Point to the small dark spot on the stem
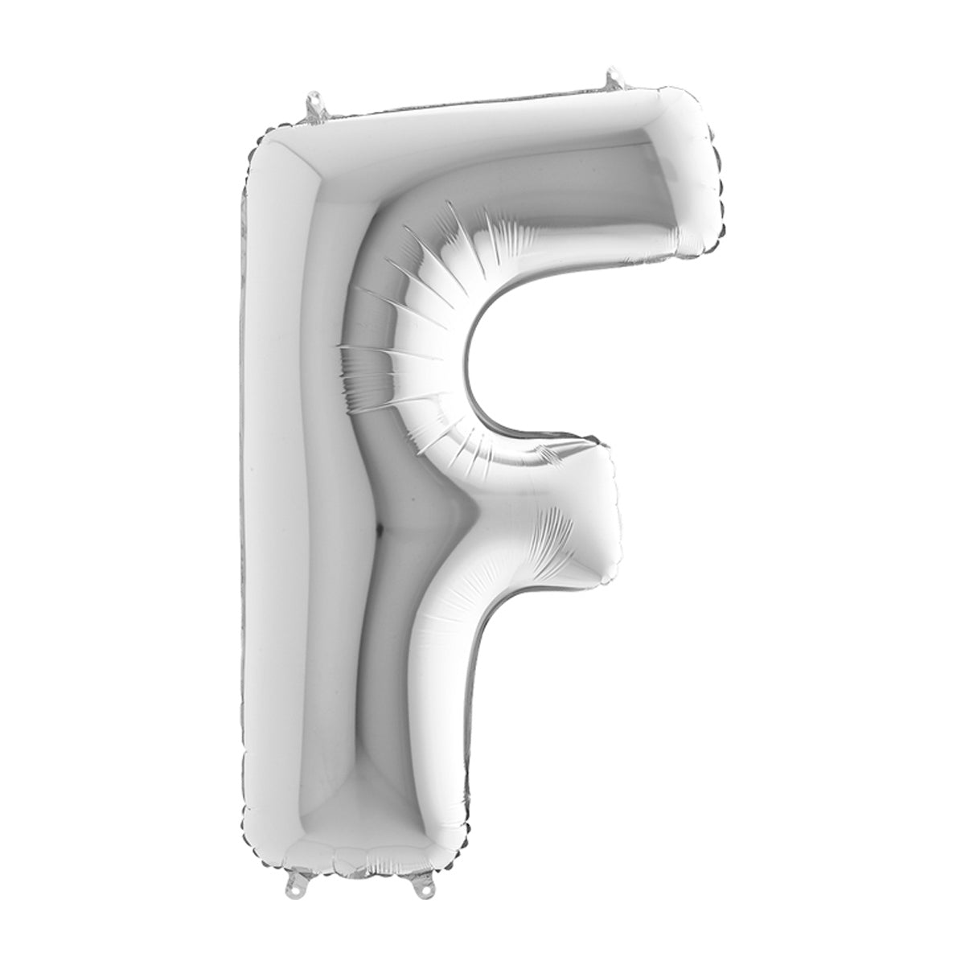coord(380,527)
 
